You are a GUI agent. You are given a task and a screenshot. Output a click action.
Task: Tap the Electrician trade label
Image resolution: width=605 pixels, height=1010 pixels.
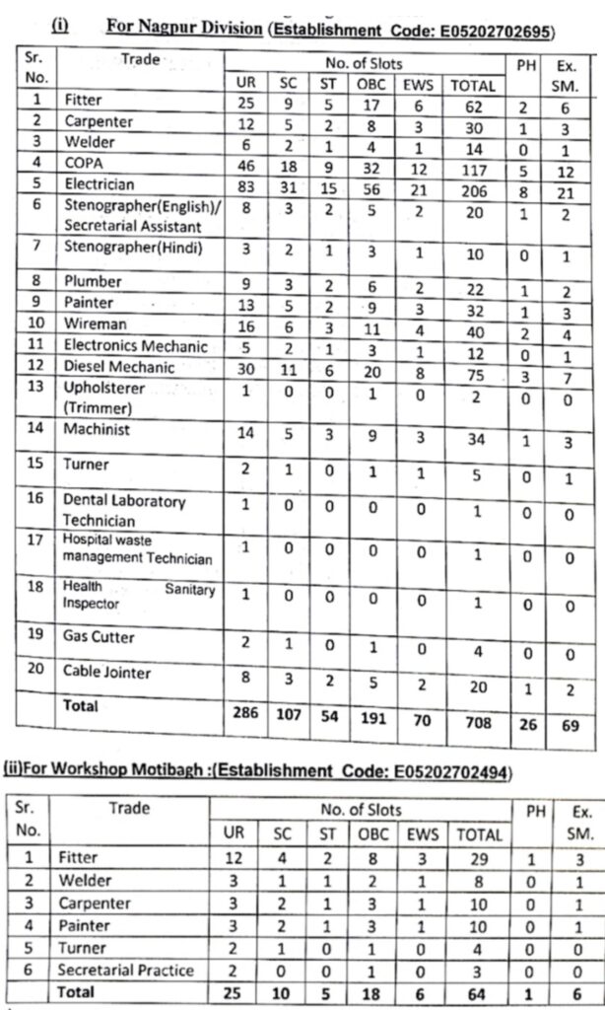99,184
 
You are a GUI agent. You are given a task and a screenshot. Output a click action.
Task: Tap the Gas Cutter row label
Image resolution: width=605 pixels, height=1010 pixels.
100,637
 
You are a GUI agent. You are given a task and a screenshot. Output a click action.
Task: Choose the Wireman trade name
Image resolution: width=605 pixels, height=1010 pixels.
95,325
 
